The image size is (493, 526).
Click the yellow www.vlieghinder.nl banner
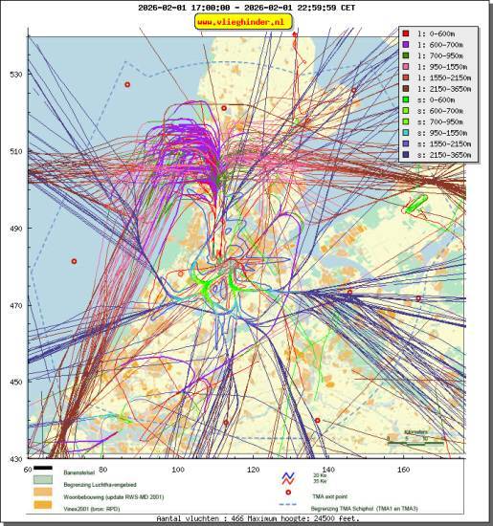[x=244, y=21]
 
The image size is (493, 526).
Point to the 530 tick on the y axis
[x=16, y=75]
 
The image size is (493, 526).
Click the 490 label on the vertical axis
[x=16, y=229]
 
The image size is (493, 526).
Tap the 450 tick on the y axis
[x=16, y=383]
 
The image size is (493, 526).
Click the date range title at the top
[x=245, y=7]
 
